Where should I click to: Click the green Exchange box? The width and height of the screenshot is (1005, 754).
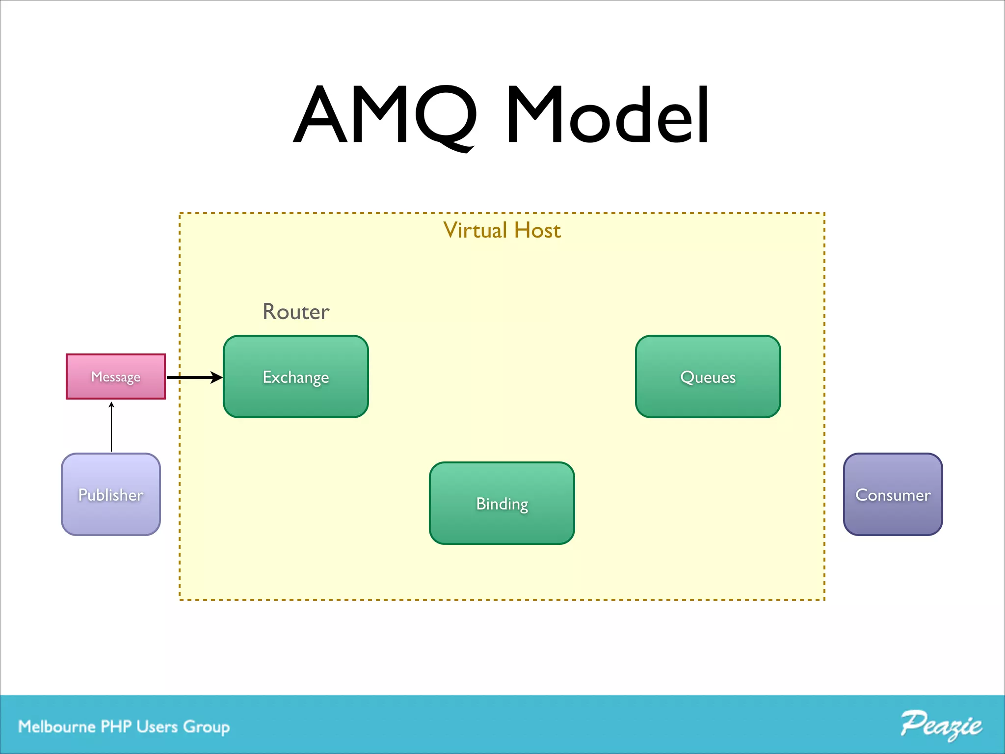[295, 377]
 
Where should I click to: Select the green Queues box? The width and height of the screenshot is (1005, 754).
[708, 377]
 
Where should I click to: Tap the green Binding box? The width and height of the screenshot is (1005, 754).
[502, 503]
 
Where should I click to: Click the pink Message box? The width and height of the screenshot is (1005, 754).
[116, 377]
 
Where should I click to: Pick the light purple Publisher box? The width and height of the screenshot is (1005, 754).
[111, 494]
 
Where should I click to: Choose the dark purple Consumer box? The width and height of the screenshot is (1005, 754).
[893, 494]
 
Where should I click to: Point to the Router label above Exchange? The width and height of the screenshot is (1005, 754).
[296, 312]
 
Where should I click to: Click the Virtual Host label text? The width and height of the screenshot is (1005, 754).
[502, 230]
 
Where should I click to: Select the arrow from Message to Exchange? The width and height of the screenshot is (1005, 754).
[191, 377]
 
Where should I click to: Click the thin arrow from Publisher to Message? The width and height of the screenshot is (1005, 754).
[111, 427]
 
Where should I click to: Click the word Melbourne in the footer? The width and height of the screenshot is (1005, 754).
[57, 727]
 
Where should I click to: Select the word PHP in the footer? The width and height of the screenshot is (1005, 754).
[116, 727]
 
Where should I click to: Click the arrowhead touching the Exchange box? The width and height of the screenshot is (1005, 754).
[216, 377]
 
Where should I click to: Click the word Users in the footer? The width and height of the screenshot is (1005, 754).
[157, 727]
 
